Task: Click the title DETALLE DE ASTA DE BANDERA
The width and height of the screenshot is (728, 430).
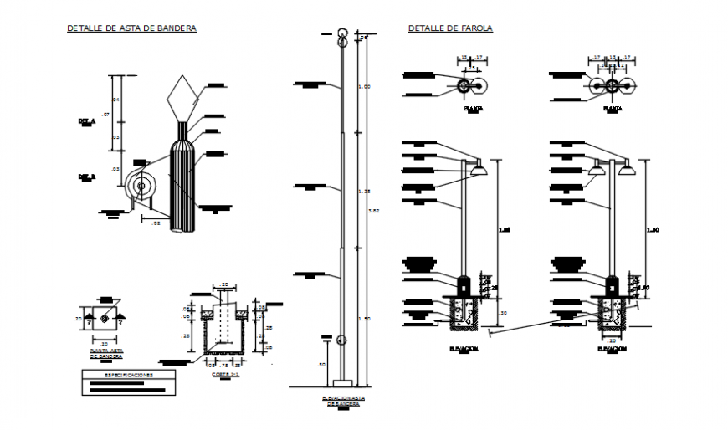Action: click(131, 28)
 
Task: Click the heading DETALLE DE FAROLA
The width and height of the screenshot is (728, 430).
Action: click(450, 28)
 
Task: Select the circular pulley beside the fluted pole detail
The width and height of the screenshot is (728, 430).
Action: click(141, 187)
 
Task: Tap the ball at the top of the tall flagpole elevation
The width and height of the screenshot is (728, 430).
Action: click(341, 35)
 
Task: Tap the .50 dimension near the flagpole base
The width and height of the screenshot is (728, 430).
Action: click(321, 364)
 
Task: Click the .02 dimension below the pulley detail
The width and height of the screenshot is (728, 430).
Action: click(155, 222)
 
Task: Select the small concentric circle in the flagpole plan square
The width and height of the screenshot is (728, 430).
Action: click(105, 319)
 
